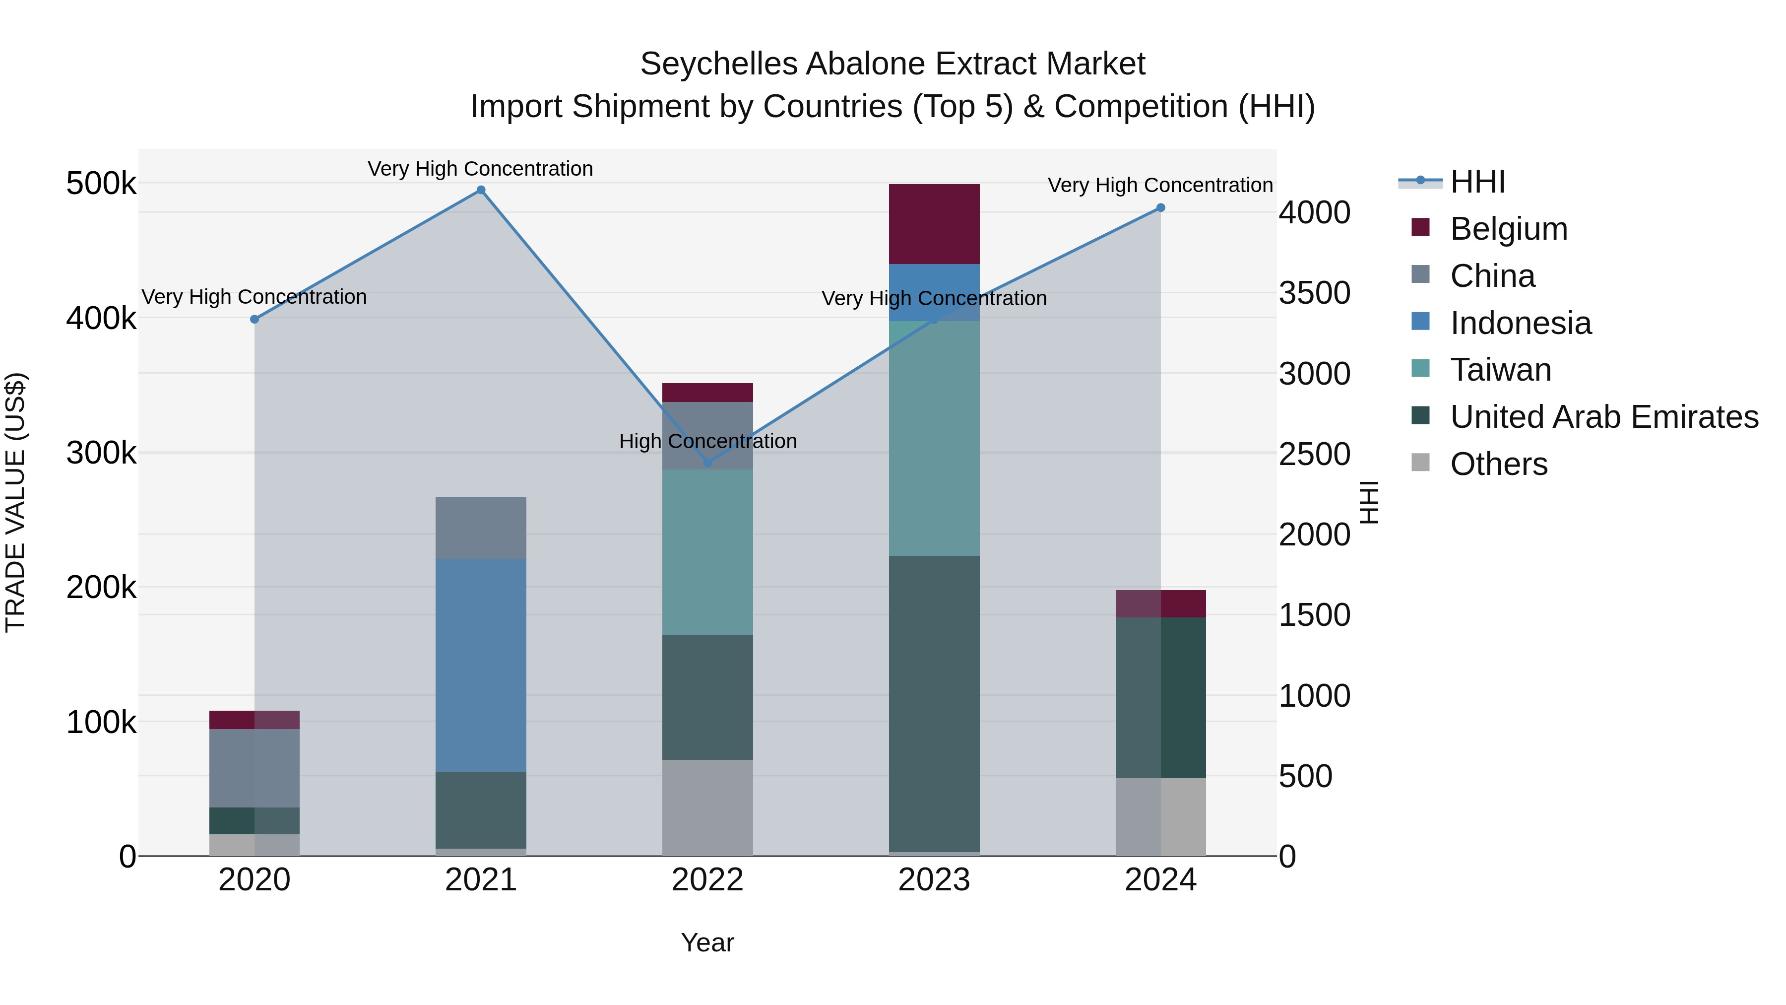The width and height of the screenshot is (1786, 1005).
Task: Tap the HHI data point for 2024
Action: [x=1160, y=207]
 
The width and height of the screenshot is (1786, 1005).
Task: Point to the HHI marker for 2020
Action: [x=255, y=319]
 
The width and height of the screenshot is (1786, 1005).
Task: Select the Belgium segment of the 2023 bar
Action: [x=934, y=223]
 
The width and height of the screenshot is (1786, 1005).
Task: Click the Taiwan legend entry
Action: [x=1500, y=370]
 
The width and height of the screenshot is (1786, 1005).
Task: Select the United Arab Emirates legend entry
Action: [x=1603, y=417]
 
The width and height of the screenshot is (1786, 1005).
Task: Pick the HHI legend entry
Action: [x=1477, y=182]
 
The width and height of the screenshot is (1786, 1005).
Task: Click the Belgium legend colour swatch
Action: [x=1421, y=227]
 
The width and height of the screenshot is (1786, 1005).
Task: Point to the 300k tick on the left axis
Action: [x=101, y=453]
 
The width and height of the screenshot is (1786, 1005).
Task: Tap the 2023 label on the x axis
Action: [x=934, y=880]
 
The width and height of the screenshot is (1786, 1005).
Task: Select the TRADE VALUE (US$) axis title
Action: [x=15, y=502]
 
